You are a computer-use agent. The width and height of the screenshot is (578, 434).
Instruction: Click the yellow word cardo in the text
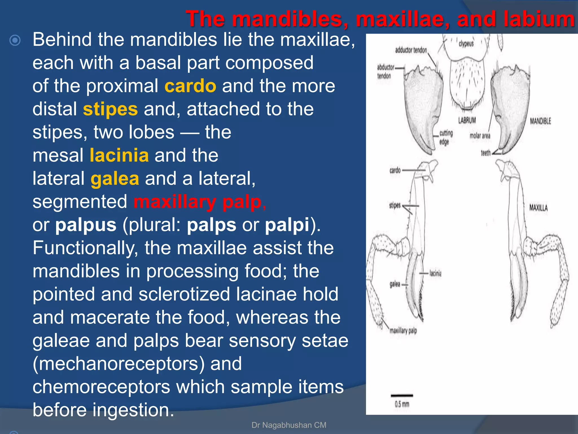click(x=190, y=86)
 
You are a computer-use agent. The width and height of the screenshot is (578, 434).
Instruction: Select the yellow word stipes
click(x=110, y=109)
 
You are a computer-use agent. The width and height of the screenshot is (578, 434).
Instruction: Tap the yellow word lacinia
click(x=119, y=155)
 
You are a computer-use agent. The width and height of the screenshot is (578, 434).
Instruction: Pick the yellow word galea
click(x=115, y=179)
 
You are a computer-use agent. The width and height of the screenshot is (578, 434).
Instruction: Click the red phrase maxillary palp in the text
click(x=198, y=202)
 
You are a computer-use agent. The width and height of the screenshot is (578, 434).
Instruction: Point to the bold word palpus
click(x=86, y=225)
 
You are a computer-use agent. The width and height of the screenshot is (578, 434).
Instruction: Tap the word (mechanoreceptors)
click(x=119, y=364)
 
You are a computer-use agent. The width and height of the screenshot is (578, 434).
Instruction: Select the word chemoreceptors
click(x=101, y=387)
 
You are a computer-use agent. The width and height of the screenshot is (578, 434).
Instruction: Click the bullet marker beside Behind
click(x=15, y=40)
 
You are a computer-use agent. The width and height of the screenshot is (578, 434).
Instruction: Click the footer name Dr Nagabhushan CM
click(x=289, y=425)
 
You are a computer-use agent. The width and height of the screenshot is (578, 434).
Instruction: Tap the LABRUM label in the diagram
click(x=467, y=120)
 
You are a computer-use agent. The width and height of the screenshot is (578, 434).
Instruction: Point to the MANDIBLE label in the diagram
click(x=540, y=121)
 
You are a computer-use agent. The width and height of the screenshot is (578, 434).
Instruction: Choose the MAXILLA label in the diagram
click(x=538, y=208)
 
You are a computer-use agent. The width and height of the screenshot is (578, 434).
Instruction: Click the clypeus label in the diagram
click(x=466, y=44)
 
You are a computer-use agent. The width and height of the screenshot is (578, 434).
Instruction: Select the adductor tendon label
click(x=411, y=50)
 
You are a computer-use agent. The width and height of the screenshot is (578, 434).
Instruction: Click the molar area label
click(x=480, y=136)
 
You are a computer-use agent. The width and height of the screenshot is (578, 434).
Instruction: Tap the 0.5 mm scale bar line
click(x=402, y=395)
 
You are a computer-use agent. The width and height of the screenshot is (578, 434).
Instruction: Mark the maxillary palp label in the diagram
click(x=403, y=331)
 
